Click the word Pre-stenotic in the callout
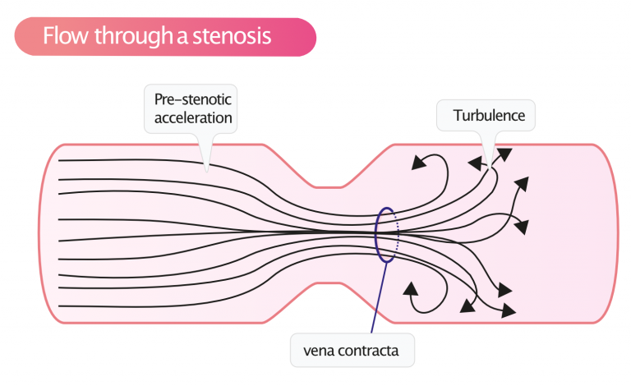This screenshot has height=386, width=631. tap(193, 99)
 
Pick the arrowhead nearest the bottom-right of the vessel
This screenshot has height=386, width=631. tap(509, 311)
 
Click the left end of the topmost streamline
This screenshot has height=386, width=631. tap(59, 159)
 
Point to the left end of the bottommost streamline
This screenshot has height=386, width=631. tap(59, 306)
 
